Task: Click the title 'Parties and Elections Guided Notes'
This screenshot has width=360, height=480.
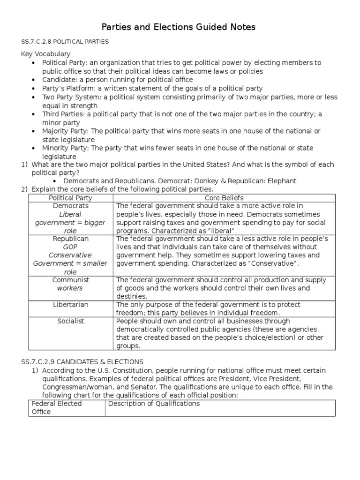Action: pyautogui.click(x=180, y=27)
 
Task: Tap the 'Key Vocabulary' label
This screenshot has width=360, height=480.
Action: pyautogui.click(x=46, y=54)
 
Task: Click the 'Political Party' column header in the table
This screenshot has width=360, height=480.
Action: pyautogui.click(x=70, y=198)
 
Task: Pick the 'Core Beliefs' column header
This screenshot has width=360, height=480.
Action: pyautogui.click(x=225, y=198)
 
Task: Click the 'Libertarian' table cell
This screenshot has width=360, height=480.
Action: pyautogui.click(x=70, y=305)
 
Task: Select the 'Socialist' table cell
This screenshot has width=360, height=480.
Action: pyautogui.click(x=70, y=322)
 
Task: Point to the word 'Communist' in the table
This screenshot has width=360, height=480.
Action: pyautogui.click(x=70, y=280)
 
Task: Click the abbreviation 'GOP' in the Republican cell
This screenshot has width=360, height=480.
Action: pyautogui.click(x=70, y=247)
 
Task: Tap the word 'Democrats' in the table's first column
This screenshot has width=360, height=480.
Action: pyautogui.click(x=70, y=206)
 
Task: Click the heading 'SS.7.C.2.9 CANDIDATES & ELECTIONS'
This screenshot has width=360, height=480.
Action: pyautogui.click(x=82, y=362)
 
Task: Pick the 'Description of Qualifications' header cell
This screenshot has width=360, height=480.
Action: pyautogui.click(x=154, y=404)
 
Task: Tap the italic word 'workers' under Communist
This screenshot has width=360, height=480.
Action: pyautogui.click(x=70, y=288)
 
